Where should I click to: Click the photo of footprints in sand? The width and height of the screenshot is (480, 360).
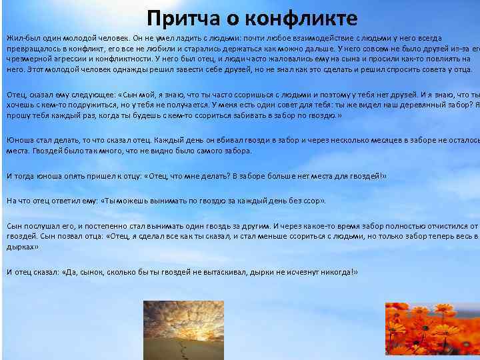[x=175, y=330]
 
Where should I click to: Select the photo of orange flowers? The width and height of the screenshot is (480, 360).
[x=432, y=331]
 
